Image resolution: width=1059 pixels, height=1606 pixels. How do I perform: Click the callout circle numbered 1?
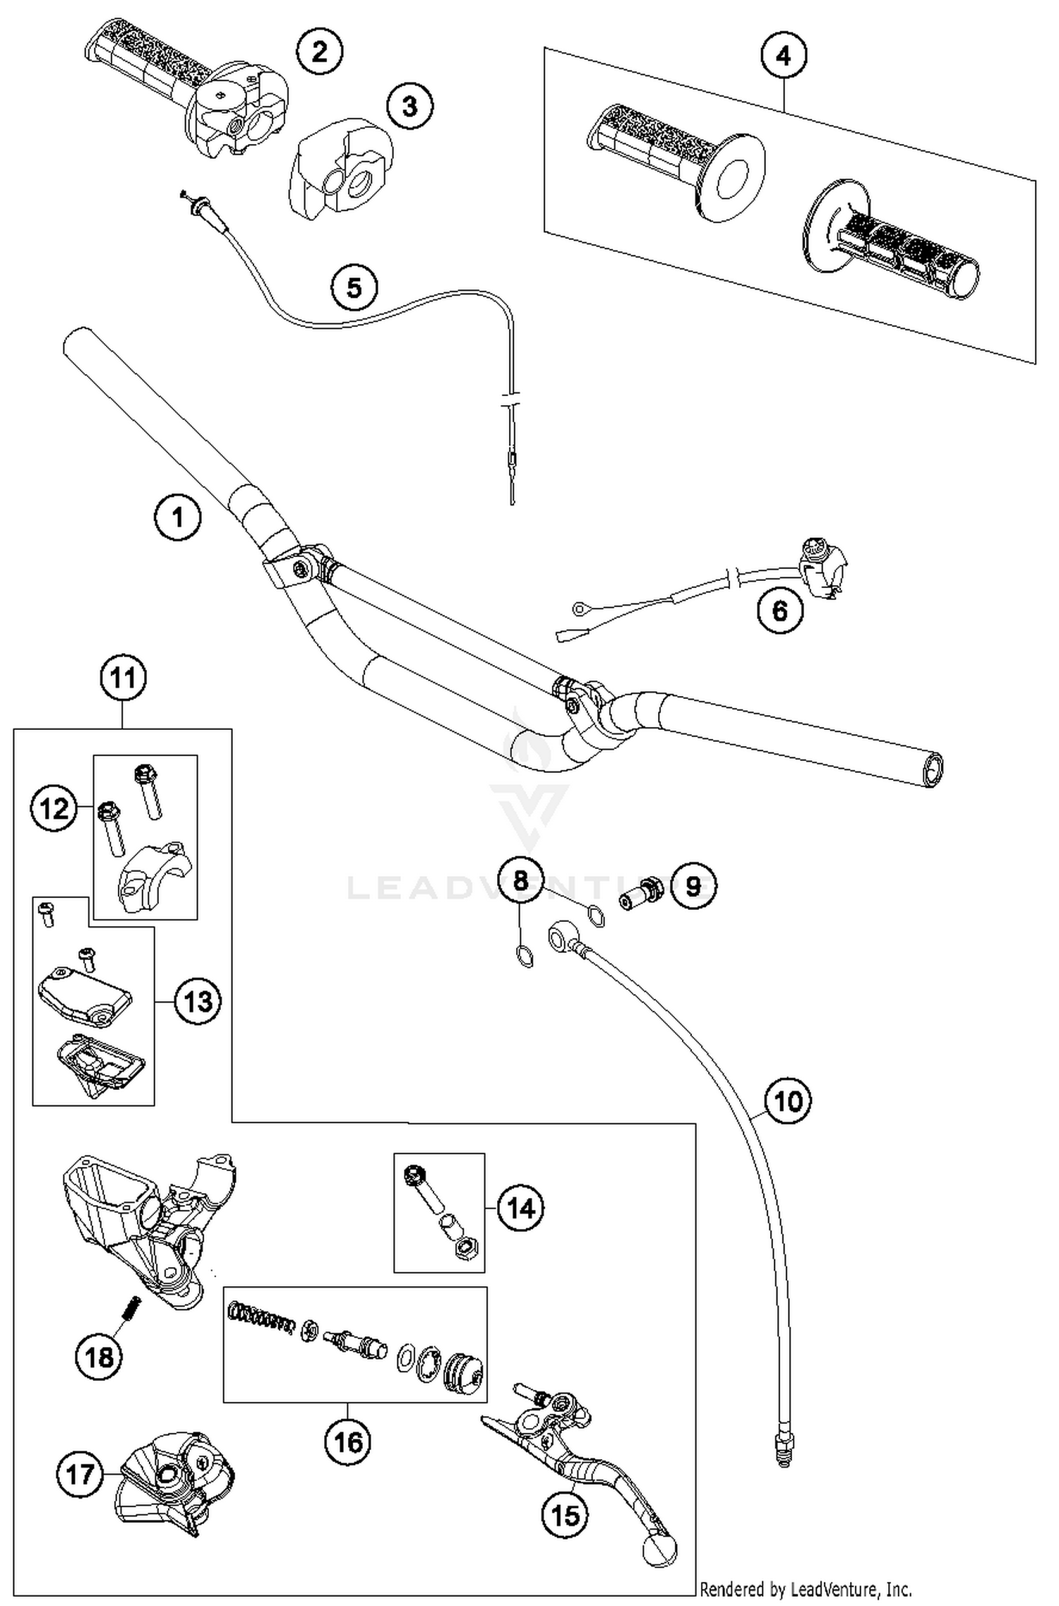click(x=177, y=517)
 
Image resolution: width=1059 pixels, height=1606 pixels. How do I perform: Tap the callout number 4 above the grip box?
click(x=784, y=56)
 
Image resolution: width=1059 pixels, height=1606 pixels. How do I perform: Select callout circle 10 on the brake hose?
click(x=789, y=1101)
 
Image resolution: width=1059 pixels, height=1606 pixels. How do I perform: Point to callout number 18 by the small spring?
click(x=99, y=1356)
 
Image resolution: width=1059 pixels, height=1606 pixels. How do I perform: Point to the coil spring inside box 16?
click(x=261, y=1318)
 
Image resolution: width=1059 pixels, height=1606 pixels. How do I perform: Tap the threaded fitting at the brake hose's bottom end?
click(x=782, y=1447)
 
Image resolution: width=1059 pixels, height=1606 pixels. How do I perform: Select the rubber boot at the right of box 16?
click(x=463, y=1371)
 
